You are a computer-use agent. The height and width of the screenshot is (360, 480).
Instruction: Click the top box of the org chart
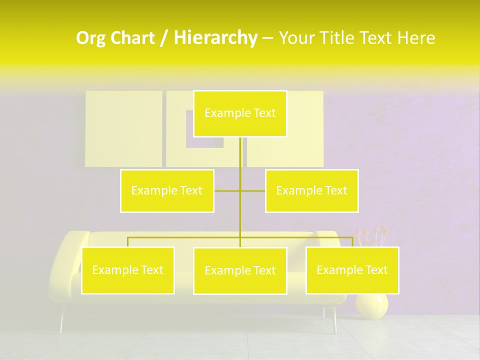click(240, 113)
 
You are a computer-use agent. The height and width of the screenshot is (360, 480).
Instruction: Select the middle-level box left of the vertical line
click(167, 190)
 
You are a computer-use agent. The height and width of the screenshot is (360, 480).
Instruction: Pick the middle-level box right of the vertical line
click(311, 190)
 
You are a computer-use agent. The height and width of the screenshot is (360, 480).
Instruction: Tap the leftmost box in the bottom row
click(128, 270)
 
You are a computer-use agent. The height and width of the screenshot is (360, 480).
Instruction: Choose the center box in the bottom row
click(240, 270)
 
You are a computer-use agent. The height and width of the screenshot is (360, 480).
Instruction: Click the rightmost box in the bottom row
click(352, 270)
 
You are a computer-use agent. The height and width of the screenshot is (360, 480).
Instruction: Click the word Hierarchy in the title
click(215, 38)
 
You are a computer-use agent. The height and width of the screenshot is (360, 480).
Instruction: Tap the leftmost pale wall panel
click(123, 128)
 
